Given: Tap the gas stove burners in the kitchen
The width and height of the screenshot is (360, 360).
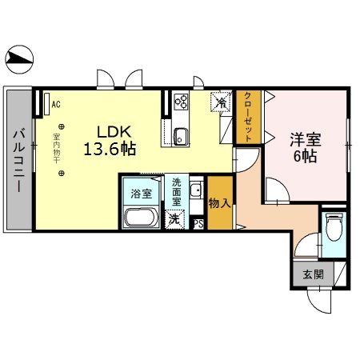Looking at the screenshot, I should click(x=181, y=102).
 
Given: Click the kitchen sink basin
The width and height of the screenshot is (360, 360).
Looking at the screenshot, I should click(x=180, y=134).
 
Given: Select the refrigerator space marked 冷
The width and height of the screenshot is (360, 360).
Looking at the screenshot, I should click(x=218, y=102).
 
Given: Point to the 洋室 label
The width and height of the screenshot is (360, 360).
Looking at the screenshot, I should click(x=304, y=138).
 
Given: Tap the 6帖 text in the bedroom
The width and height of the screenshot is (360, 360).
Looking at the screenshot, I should click(x=304, y=156).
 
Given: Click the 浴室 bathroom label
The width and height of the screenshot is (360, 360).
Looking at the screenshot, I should click(x=141, y=193).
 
